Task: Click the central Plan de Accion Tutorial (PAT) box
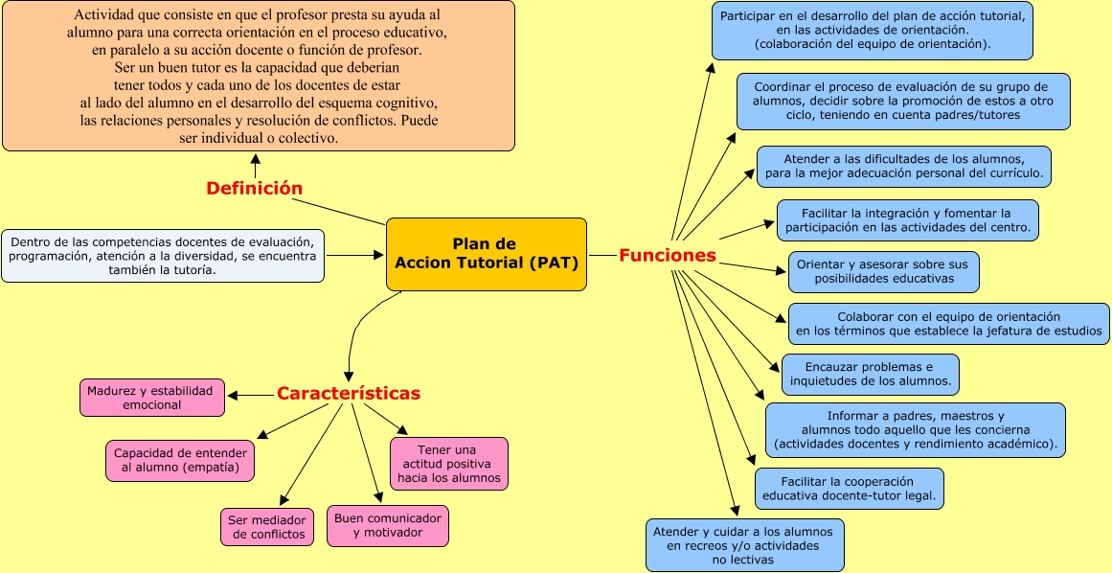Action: click(486, 254)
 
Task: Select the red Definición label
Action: click(254, 189)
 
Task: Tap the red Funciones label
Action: click(667, 255)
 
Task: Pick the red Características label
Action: click(348, 394)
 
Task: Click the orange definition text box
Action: click(258, 77)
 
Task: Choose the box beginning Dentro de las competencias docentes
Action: click(163, 255)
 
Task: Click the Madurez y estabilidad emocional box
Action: click(151, 398)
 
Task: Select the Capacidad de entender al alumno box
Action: click(180, 460)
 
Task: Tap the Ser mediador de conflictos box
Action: click(268, 526)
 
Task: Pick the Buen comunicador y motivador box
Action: click(387, 525)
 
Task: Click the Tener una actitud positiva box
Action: click(448, 464)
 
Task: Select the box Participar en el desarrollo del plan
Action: click(872, 30)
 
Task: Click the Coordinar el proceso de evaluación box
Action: click(902, 101)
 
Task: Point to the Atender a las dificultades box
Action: click(903, 167)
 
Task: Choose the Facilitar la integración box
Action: click(907, 219)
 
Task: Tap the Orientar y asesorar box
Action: click(883, 271)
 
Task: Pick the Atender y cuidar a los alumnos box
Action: click(743, 544)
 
